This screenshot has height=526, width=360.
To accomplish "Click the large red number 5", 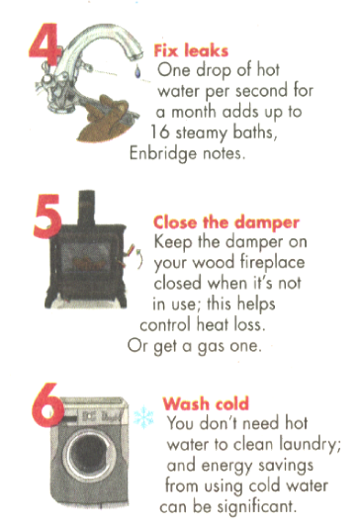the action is tap(46, 217).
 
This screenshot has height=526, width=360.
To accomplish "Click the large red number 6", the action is tap(48, 404).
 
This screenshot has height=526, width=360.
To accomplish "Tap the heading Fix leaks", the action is tap(191, 50).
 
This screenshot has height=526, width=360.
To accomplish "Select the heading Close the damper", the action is tap(226, 222).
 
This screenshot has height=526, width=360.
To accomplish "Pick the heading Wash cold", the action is tap(206, 403).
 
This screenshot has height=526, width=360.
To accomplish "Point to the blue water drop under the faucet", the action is tap(137, 71).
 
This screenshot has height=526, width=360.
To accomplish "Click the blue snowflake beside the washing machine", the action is tap(143, 417).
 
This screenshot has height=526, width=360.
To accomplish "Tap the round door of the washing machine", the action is tap(90, 455).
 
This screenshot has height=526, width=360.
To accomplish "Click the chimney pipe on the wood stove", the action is tap(87, 208).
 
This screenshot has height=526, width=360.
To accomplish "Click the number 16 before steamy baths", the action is tap(159, 132).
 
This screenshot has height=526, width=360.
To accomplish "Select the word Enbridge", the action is tap(163, 154).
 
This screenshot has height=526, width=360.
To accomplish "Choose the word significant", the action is tap(257, 506).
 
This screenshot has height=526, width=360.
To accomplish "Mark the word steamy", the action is tap(202, 133).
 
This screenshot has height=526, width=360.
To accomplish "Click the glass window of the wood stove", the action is tap(86, 257).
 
